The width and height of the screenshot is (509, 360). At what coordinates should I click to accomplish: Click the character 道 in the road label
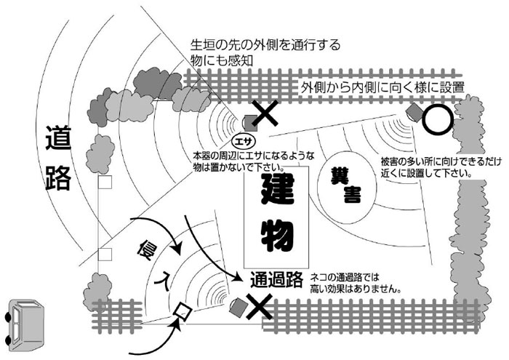pos(57,139)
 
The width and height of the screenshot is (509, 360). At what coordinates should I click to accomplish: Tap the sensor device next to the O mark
pos(414,111)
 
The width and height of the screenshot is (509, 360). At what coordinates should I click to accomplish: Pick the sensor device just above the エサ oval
pos(249,121)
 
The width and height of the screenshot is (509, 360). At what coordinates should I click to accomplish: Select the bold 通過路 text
pos(276,278)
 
